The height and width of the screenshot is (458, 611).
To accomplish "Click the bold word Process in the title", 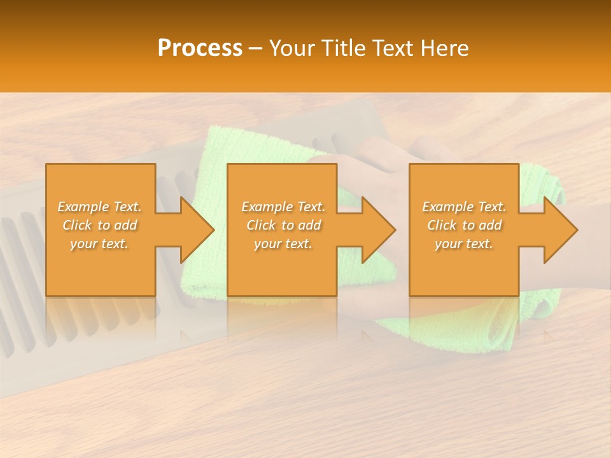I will [200, 48].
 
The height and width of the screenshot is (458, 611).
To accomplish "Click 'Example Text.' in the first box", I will [99, 207].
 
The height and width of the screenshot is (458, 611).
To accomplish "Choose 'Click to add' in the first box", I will [99, 225].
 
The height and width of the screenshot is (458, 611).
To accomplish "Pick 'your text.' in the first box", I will [99, 244].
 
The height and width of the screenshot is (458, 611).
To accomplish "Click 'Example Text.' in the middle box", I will [283, 207].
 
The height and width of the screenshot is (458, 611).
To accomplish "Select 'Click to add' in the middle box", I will [283, 225].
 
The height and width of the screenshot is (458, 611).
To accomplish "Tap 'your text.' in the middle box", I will [283, 244].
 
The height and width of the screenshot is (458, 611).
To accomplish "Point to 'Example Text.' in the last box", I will [464, 207].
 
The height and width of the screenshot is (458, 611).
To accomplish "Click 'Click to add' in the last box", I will [464, 225].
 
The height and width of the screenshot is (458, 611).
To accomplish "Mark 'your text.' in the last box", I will [464, 244].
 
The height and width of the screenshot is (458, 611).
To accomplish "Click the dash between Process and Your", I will [255, 49].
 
